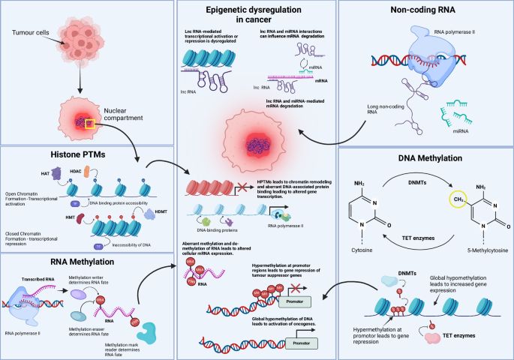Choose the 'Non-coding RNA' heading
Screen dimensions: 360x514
pyautogui.click(x=427, y=12)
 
